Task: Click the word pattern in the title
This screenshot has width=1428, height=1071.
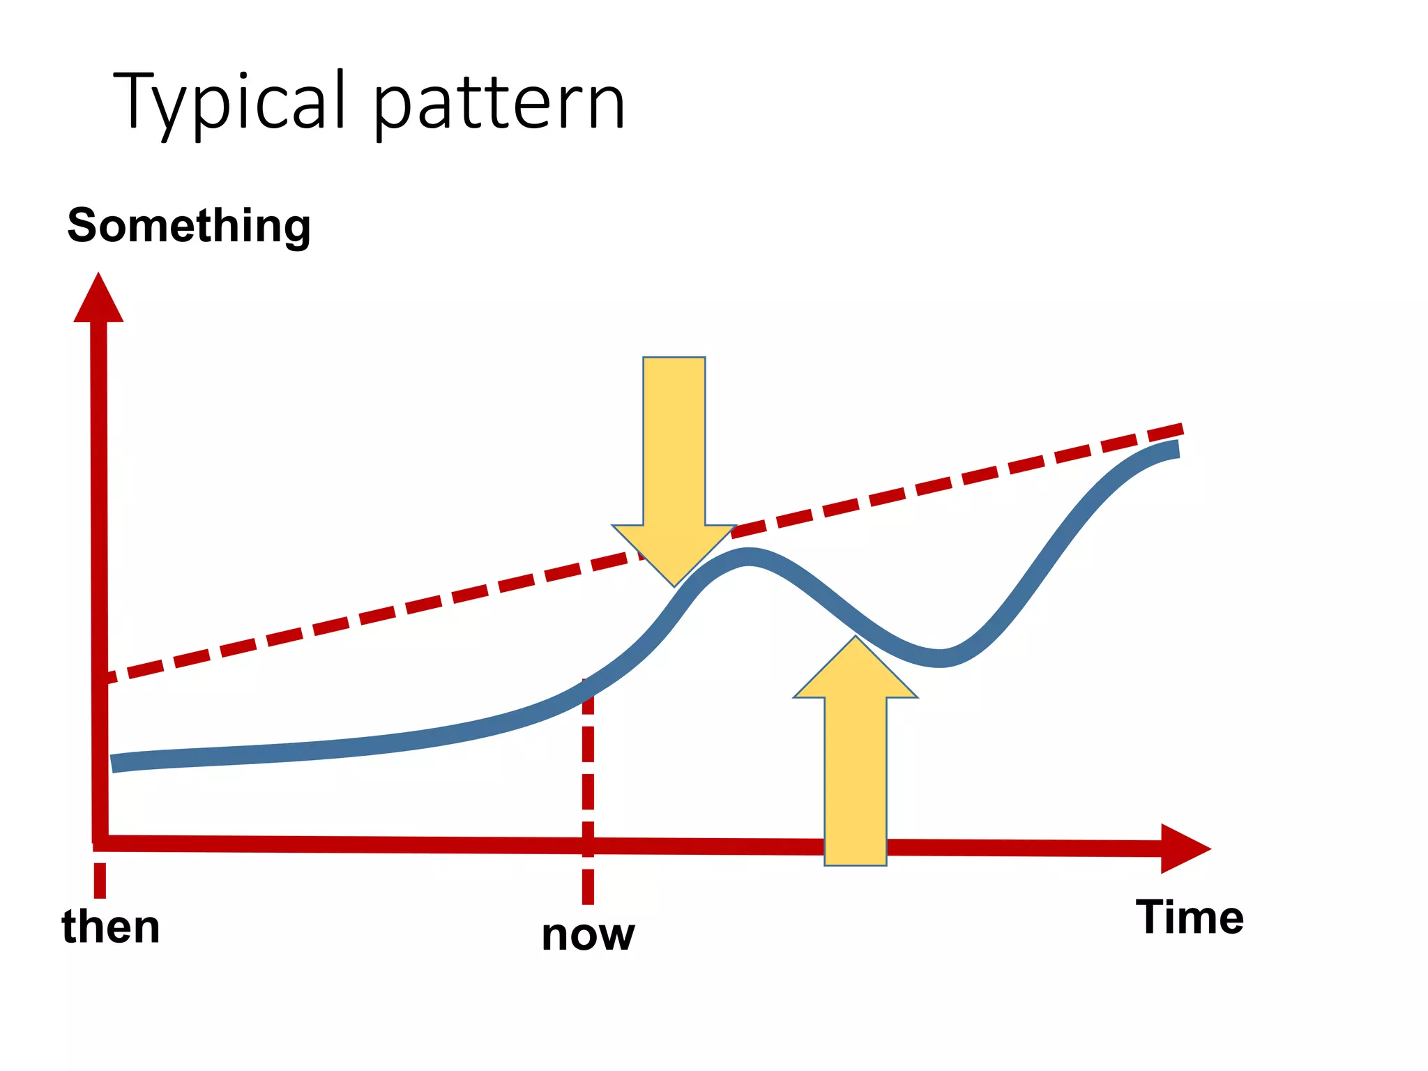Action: [x=499, y=105]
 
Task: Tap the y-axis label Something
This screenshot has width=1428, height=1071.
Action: [x=189, y=226]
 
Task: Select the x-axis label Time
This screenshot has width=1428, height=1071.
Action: [x=1190, y=917]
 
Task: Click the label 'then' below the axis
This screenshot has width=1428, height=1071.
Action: [x=111, y=927]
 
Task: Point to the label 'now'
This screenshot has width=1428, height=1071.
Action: [x=588, y=934]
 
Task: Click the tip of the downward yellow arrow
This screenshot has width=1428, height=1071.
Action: [x=674, y=584]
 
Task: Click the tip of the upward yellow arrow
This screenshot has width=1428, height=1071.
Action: [x=856, y=639]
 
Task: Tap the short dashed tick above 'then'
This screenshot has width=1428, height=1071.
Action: [x=100, y=880]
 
